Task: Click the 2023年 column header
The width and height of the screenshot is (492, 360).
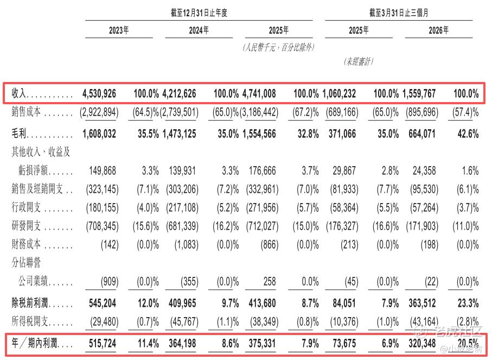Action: point(119,30)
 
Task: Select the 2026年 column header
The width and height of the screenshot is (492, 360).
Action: point(439,30)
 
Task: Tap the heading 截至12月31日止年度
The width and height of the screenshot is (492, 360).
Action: point(199,12)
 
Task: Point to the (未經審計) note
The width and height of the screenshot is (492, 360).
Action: point(359,61)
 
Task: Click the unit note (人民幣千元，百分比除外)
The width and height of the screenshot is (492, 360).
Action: point(279,47)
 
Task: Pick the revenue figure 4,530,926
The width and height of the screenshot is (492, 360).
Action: point(99,93)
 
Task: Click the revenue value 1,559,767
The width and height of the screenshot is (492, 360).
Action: point(419,93)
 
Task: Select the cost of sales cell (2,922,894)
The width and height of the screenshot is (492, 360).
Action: point(99,112)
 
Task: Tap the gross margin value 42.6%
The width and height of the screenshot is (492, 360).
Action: point(468,134)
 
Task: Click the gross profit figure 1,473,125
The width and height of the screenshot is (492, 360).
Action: point(179,134)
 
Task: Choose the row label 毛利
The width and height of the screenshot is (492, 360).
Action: point(19,134)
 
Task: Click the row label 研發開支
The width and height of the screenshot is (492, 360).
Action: point(26,225)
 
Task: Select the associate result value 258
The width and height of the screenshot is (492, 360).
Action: point(270,281)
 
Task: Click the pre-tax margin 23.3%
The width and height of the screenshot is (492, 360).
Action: point(468,303)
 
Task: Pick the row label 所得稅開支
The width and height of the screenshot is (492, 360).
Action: point(30,321)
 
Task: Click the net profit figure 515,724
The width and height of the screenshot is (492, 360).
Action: point(103,343)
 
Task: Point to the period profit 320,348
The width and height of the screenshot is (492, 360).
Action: point(422,343)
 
